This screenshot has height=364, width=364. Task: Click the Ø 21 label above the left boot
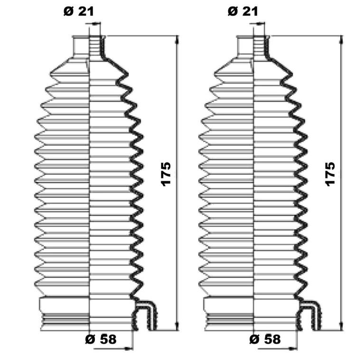coord(79,11)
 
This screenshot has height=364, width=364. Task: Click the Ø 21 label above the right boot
coord(243,11)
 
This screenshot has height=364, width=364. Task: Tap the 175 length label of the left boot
coord(166,174)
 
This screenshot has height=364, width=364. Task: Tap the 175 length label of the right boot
coord(330,174)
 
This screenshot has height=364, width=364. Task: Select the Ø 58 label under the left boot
coord(101,339)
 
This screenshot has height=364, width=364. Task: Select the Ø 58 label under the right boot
coord(265,339)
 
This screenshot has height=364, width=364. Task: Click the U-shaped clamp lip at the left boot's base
coord(144,315)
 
